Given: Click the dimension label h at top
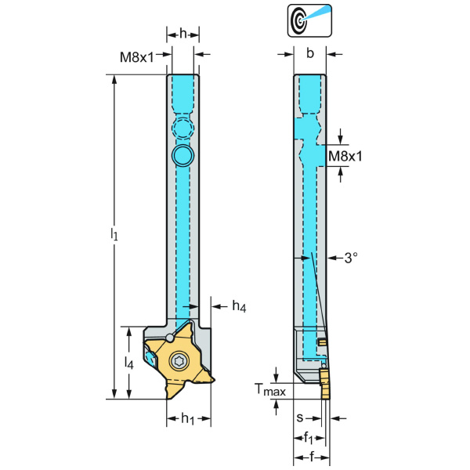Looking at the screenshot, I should [183, 34].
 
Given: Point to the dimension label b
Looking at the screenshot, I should [310, 53].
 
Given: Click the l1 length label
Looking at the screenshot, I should [114, 234].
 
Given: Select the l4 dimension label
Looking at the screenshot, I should [129, 362].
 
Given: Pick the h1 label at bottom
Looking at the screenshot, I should [188, 419].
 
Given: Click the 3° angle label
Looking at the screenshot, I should [350, 257].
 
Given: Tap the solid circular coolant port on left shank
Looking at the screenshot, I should [182, 155].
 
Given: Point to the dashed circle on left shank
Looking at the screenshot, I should [182, 129].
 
